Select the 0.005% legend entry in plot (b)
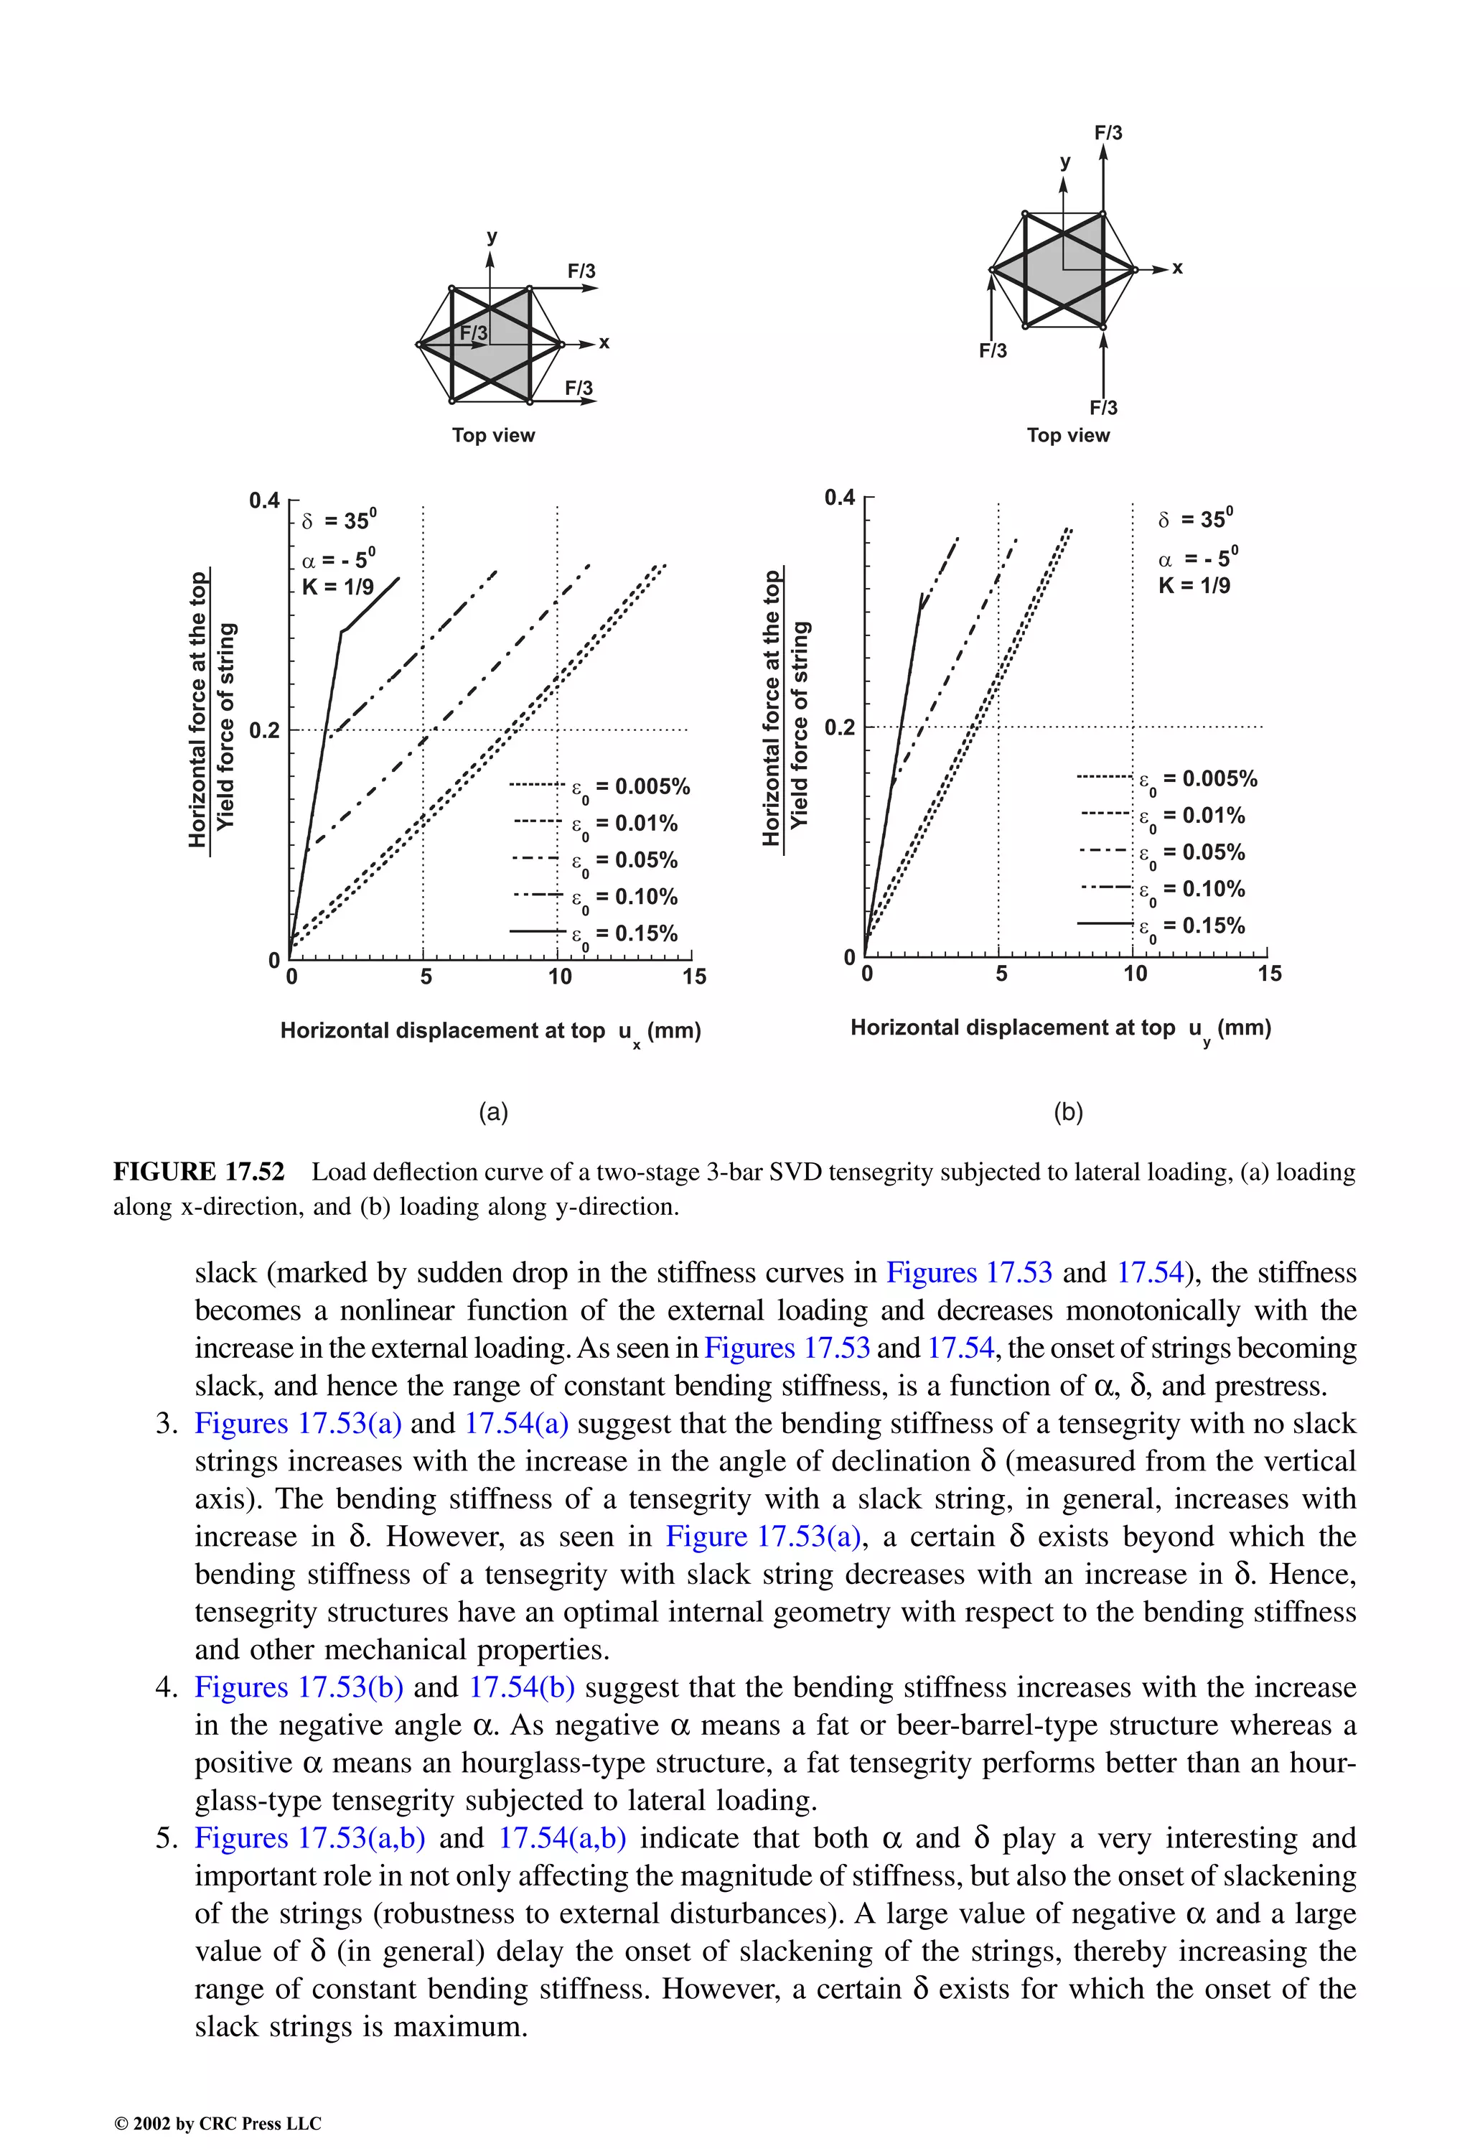pyautogui.click(x=1197, y=778)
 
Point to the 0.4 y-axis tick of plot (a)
pyautogui.click(x=263, y=500)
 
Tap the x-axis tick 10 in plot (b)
pyautogui.click(x=1134, y=973)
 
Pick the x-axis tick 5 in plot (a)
pyautogui.click(x=426, y=976)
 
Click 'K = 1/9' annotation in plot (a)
pyautogui.click(x=337, y=587)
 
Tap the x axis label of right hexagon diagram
pyautogui.click(x=1177, y=268)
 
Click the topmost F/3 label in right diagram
pyautogui.click(x=1108, y=132)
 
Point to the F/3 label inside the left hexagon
pyautogui.click(x=473, y=332)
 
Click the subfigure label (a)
pyautogui.click(x=493, y=1111)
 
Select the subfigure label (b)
pyautogui.click(x=1068, y=1111)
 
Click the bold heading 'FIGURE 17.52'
pyautogui.click(x=199, y=1172)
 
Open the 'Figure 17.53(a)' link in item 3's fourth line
pyautogui.click(x=763, y=1536)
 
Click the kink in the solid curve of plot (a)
pyautogui.click(x=342, y=632)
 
